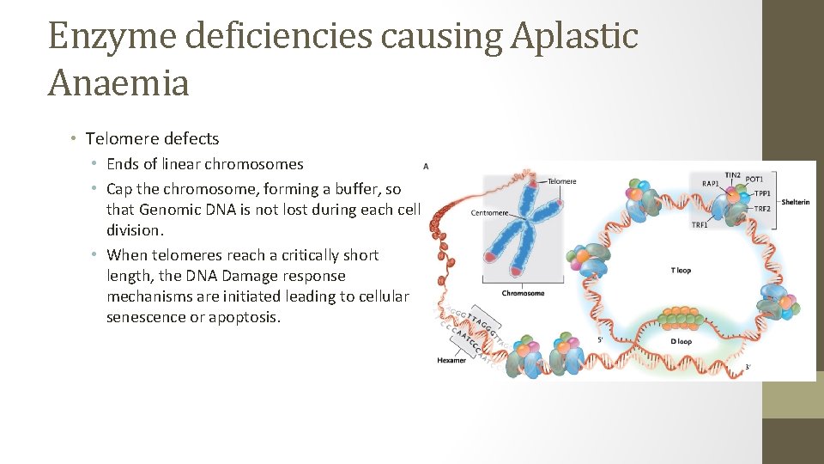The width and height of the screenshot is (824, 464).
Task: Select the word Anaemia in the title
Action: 118,82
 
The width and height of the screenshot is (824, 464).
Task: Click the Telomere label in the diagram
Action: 562,181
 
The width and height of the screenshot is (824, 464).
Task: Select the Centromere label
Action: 491,212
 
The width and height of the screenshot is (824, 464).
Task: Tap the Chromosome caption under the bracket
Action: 523,293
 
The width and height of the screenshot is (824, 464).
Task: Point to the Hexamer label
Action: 451,360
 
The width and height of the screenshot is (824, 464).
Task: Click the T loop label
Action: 681,271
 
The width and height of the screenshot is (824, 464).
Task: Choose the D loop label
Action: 681,341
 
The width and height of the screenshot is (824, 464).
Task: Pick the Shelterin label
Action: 795,202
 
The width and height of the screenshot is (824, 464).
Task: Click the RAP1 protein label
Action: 711,183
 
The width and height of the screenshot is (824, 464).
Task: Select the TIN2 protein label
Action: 732,175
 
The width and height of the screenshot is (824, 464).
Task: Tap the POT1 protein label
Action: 754,179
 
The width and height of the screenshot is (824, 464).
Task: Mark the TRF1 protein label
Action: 700,225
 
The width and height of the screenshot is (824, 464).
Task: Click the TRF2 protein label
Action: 762,209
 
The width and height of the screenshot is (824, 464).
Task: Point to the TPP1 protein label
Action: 762,193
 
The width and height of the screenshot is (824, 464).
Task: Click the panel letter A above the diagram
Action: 427,166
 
